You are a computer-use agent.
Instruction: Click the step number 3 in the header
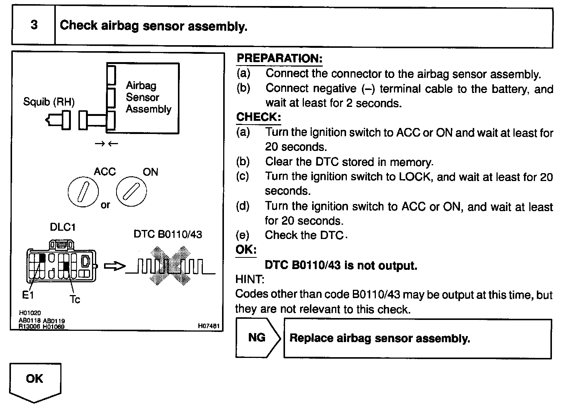click(x=34, y=25)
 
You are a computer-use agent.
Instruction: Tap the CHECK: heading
click(x=259, y=117)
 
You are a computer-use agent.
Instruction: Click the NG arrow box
click(x=258, y=338)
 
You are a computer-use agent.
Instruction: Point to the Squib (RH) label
click(x=49, y=102)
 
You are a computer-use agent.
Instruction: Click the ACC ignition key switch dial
click(x=83, y=192)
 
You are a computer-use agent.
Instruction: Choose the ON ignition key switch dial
click(x=131, y=191)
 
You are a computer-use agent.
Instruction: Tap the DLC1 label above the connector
click(x=63, y=227)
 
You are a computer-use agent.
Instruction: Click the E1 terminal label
click(x=28, y=295)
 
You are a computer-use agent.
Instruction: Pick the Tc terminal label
click(x=75, y=299)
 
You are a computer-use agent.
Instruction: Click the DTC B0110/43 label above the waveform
click(x=168, y=234)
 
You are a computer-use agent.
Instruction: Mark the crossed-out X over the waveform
click(x=170, y=266)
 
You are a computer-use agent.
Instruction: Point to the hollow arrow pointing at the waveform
click(x=115, y=266)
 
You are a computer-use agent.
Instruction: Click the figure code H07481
click(x=208, y=326)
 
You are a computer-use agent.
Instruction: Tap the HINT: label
click(x=250, y=279)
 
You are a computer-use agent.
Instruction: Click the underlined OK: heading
click(x=246, y=250)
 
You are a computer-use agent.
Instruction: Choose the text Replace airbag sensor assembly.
click(x=380, y=338)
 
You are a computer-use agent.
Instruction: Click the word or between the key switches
click(x=105, y=205)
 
